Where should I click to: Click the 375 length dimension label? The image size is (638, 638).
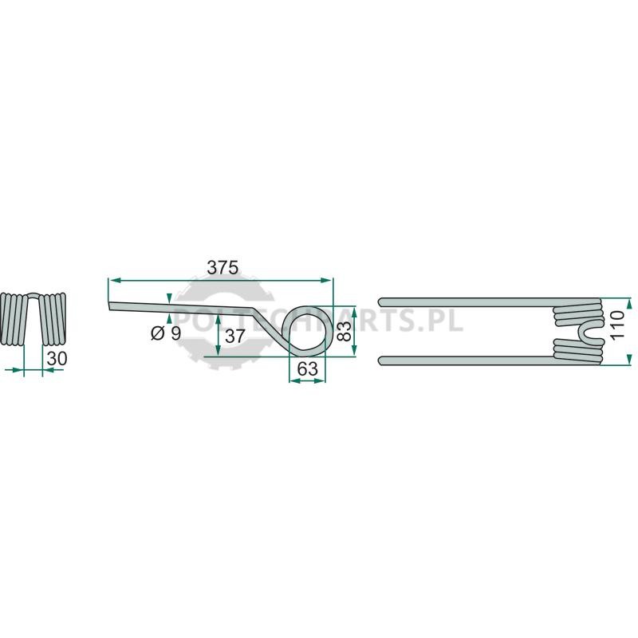click(x=223, y=268)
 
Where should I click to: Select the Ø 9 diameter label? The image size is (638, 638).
click(x=166, y=333)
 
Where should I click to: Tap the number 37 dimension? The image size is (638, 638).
click(x=234, y=336)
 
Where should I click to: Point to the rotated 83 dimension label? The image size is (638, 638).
click(x=345, y=330)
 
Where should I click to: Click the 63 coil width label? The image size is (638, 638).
click(x=307, y=369)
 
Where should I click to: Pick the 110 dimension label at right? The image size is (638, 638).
click(x=616, y=325)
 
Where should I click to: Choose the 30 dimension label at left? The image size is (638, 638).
click(x=57, y=358)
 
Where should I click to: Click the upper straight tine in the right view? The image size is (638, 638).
click(x=468, y=302)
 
